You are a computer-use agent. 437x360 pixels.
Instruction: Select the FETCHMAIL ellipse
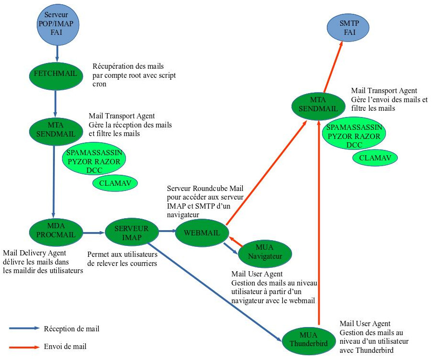55,74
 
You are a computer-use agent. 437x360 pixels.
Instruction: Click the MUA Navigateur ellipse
265,254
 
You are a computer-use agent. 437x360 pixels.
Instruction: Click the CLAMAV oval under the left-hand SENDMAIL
115,183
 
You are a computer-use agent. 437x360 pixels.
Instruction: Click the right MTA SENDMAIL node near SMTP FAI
318,105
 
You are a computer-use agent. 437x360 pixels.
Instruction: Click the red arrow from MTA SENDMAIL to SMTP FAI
333,67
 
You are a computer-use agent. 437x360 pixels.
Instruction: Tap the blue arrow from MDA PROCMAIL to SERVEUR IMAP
93,233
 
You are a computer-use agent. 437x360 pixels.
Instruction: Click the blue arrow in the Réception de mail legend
24,328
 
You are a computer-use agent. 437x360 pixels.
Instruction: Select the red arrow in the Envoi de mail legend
24,347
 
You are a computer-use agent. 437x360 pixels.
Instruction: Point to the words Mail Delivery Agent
34,253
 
